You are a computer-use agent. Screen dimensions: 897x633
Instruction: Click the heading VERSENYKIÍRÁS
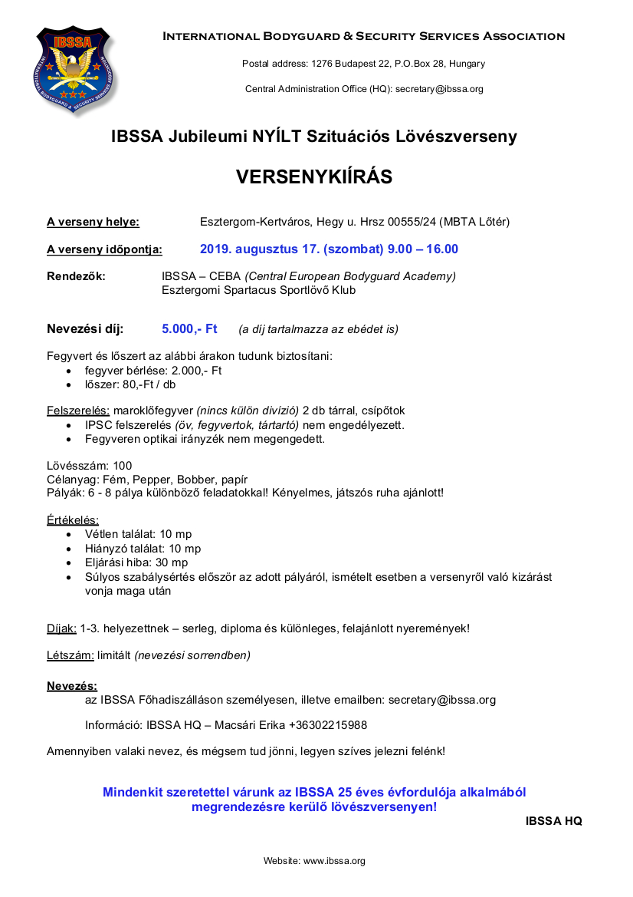point(314,177)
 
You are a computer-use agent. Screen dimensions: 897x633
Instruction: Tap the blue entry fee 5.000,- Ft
point(189,329)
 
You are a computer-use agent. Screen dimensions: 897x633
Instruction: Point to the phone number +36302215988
point(328,725)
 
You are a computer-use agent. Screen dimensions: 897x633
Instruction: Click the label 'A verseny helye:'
point(93,223)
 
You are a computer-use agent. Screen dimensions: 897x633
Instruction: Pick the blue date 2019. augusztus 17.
point(261,249)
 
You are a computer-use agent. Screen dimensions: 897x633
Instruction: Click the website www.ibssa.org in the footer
point(334,861)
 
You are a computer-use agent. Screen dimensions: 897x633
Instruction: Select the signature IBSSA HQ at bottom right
point(553,821)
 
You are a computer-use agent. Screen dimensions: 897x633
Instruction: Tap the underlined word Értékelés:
point(73,519)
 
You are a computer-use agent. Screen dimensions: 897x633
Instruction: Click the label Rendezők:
point(76,276)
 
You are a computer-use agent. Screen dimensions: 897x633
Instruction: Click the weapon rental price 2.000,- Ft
point(195,371)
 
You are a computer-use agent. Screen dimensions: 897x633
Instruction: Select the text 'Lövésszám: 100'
point(90,465)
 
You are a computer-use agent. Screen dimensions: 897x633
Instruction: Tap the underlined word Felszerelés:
point(78,411)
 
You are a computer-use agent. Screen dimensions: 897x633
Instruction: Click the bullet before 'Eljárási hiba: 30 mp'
point(71,562)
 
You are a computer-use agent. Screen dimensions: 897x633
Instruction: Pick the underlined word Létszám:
point(71,655)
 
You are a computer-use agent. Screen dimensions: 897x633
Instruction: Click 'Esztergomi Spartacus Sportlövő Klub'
point(259,291)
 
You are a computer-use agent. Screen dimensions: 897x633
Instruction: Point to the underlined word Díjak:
point(61,628)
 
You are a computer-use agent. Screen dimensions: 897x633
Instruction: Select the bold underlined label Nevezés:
point(72,685)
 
